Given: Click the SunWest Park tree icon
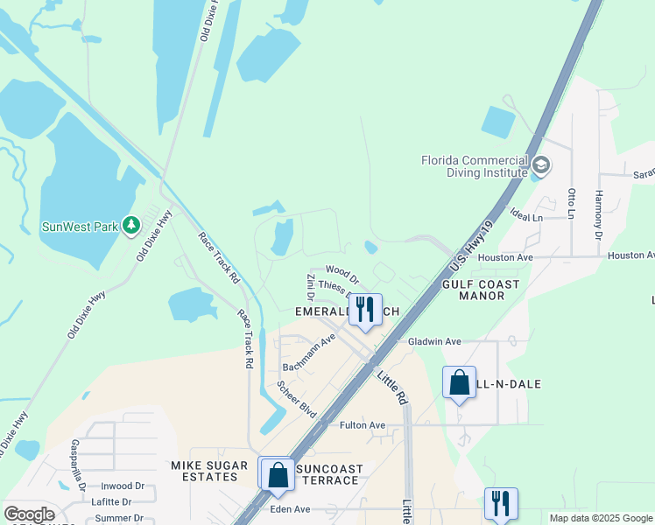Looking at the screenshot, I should (x=131, y=226).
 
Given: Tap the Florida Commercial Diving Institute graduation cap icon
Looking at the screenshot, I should (x=541, y=165).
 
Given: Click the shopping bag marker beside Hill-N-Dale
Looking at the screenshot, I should (x=459, y=382).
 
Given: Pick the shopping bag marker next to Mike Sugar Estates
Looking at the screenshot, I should (x=278, y=475).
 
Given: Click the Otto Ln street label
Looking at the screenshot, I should (x=572, y=203).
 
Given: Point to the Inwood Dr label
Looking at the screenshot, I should (x=122, y=486).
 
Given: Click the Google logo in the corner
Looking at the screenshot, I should (x=29, y=514).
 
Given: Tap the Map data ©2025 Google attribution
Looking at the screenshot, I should (x=601, y=518).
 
